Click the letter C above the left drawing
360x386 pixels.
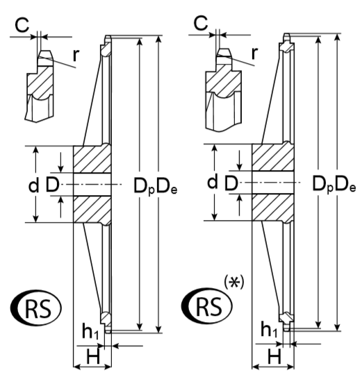click(22, 25)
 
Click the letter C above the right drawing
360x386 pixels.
click(201, 24)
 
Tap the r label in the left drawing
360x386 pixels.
click(76, 56)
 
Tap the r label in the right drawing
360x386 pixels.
click(254, 53)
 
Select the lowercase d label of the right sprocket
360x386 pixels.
click(213, 181)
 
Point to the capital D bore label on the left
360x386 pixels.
click(53, 185)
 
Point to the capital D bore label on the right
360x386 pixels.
click(231, 183)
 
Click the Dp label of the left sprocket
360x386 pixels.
click(144, 186)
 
